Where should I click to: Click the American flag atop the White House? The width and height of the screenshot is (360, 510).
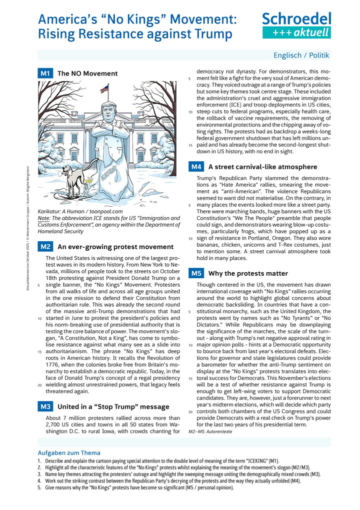pyautogui.click(x=104, y=89)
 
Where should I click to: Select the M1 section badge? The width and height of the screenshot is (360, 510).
pyautogui.click(x=45, y=73)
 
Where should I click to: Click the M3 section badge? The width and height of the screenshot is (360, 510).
pyautogui.click(x=45, y=406)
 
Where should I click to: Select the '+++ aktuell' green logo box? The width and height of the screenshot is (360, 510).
pyautogui.click(x=296, y=33)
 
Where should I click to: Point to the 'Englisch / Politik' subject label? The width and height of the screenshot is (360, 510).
pyautogui.click(x=301, y=55)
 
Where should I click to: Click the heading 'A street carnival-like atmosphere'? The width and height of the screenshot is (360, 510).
pyautogui.click(x=262, y=167)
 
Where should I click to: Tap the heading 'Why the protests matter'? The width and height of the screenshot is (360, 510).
pyautogui.click(x=248, y=273)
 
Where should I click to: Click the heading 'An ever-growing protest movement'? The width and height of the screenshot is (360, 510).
pyautogui.click(x=115, y=247)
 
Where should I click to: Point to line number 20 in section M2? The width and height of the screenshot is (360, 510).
pyautogui.click(x=39, y=385)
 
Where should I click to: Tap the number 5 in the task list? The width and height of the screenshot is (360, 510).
pyautogui.click(x=39, y=486)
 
